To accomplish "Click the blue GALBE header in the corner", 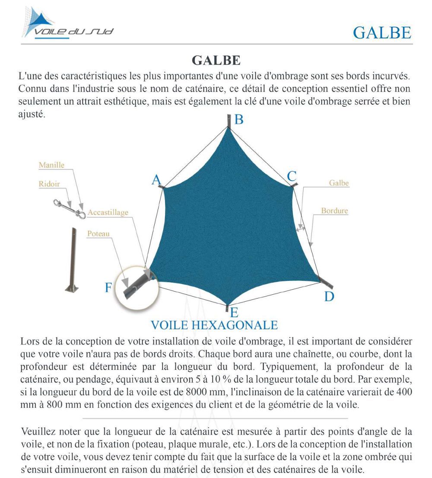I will click(x=382, y=32).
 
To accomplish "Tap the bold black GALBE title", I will click(x=216, y=60).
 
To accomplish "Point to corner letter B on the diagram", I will click(x=239, y=120).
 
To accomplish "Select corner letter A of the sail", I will click(x=156, y=180).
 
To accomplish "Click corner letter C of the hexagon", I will click(x=292, y=176).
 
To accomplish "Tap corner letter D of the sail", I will click(x=329, y=296).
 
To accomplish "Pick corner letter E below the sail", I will click(x=234, y=312).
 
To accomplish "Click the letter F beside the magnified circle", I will click(x=108, y=287).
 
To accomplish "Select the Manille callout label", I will click(x=51, y=165).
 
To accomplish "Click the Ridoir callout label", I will click(x=49, y=184).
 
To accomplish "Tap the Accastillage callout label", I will click(x=108, y=213).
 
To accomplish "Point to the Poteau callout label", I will click(x=98, y=234).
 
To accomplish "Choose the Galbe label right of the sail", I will click(x=339, y=183).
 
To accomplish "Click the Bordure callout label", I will click(x=334, y=211).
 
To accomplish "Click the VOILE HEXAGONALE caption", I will click(x=214, y=325).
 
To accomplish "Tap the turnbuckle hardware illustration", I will click(x=69, y=208).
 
